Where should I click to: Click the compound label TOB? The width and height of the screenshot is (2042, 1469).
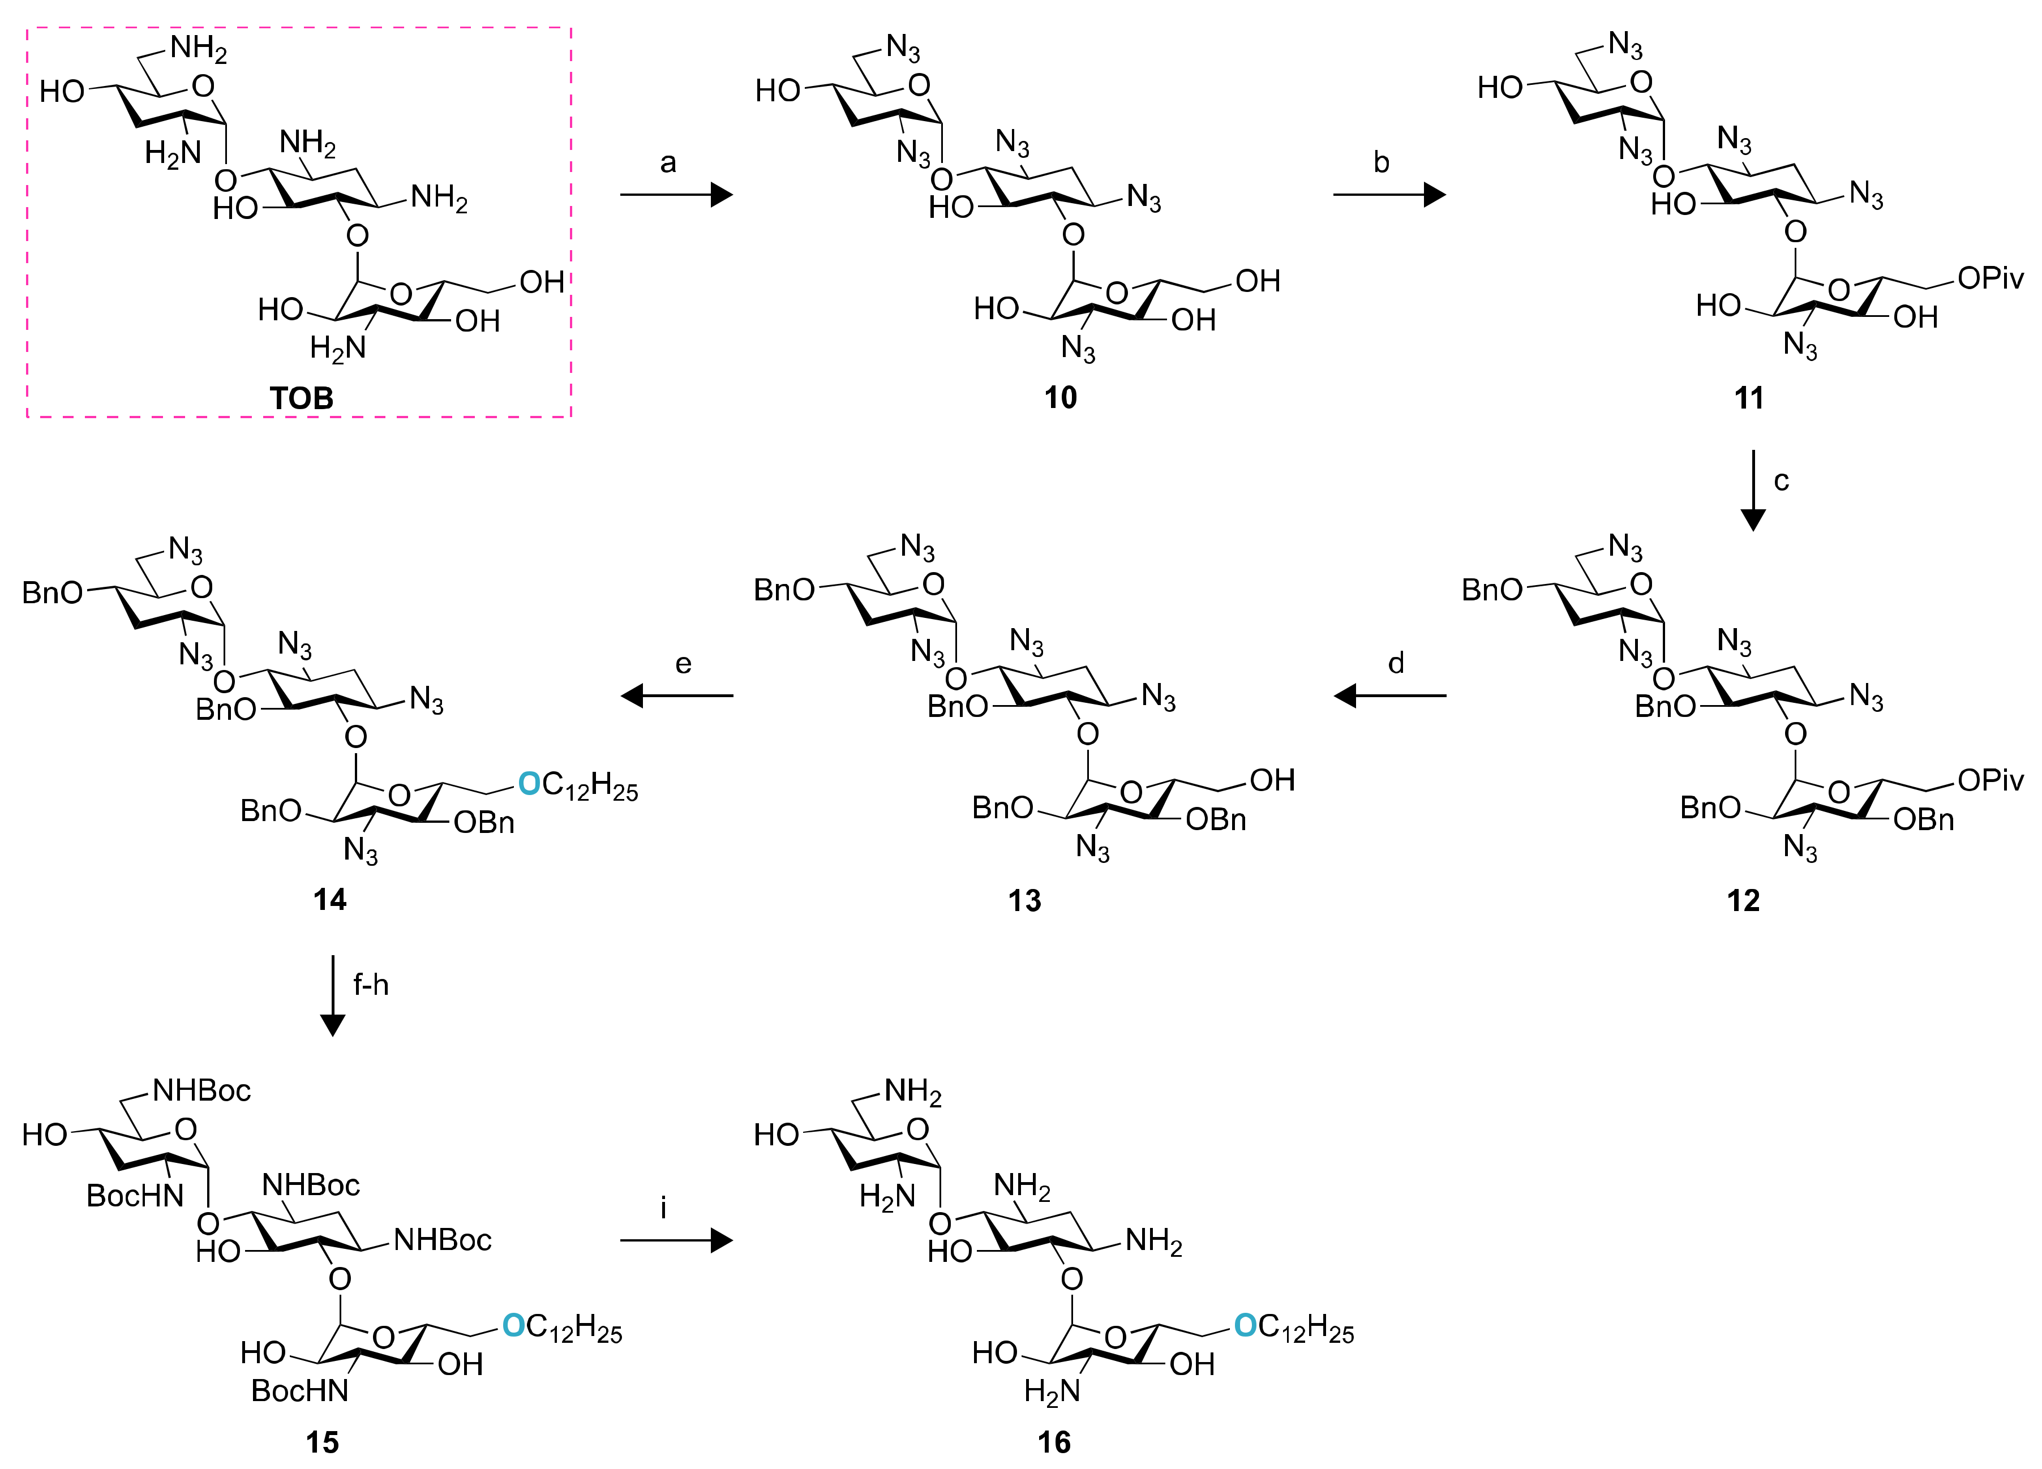point(302,398)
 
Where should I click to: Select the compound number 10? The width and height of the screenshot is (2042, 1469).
point(1061,398)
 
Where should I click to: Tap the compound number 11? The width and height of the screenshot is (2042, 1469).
point(1748,398)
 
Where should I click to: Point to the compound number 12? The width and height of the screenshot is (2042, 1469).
point(1743,900)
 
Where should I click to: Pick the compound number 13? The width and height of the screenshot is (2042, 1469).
point(1024,900)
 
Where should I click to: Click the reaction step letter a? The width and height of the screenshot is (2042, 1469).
point(668,163)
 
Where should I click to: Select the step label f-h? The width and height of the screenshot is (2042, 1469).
point(371,985)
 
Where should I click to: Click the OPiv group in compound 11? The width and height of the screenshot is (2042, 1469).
point(1990,279)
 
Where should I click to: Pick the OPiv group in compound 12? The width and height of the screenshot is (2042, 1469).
point(1990,780)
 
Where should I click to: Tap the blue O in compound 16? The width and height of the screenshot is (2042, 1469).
point(1245,1324)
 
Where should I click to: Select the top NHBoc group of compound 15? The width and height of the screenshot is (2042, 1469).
point(201,1091)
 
